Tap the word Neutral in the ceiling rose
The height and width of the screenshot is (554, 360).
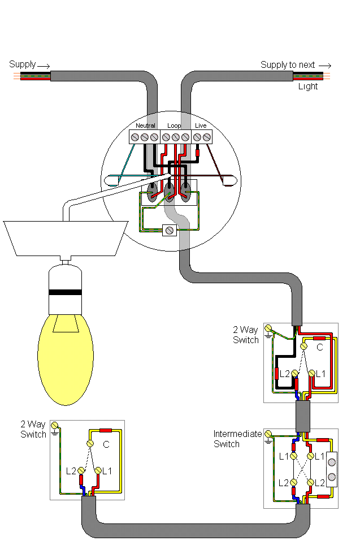[145, 125]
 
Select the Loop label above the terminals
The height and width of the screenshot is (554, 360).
[174, 125]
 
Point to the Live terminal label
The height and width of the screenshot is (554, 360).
[201, 125]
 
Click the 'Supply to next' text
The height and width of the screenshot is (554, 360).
[288, 65]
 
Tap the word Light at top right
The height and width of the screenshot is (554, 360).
[308, 86]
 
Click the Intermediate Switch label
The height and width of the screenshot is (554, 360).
[237, 439]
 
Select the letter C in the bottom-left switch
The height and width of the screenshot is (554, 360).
[106, 445]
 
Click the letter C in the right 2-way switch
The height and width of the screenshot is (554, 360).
[319, 348]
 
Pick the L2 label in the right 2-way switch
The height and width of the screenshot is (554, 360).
[285, 374]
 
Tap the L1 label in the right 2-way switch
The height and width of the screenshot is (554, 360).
[320, 374]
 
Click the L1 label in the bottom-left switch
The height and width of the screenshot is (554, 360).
[106, 470]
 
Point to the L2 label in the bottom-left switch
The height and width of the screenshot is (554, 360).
[71, 470]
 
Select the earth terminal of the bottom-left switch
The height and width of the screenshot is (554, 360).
[55, 425]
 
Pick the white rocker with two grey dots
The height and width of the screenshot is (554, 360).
[331, 469]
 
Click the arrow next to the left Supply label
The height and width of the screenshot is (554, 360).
[44, 65]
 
